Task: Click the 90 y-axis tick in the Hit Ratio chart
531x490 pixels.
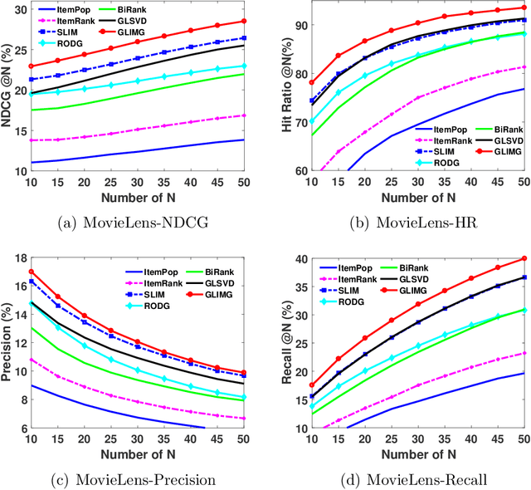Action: tap(285, 26)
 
